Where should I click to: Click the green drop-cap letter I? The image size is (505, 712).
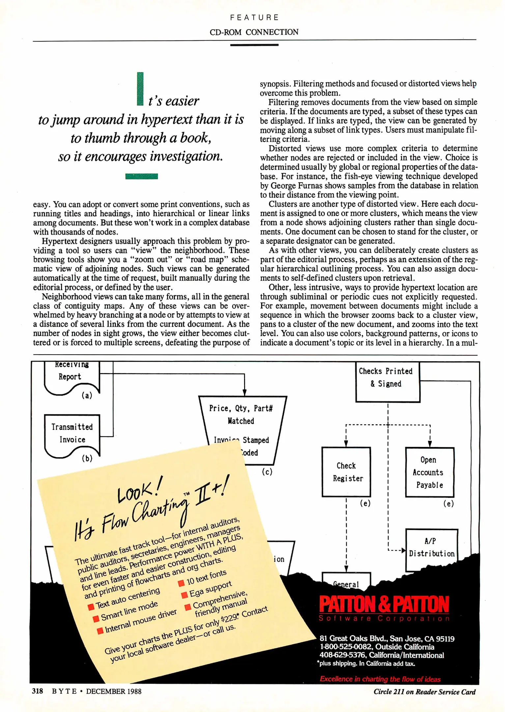tap(140, 89)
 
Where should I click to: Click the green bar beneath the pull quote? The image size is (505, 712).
tap(141, 176)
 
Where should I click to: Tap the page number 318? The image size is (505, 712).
tap(38, 691)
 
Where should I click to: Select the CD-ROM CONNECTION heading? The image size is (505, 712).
tap(254, 32)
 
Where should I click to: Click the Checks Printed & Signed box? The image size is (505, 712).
tap(387, 382)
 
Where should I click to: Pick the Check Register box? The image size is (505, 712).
tap(346, 472)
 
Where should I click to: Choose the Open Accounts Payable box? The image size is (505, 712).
tap(430, 472)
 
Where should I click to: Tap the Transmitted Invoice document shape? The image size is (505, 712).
tap(72, 433)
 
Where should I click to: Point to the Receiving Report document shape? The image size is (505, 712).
tap(72, 376)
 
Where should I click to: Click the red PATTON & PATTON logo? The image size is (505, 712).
tap(384, 604)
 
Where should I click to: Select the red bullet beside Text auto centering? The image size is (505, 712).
tap(91, 607)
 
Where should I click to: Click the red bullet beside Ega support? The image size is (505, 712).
tap(184, 594)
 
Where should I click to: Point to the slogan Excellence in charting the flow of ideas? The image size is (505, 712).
tap(380, 679)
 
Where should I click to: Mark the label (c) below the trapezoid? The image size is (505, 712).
tap(267, 472)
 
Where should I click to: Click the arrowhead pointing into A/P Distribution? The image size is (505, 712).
tap(403, 550)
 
